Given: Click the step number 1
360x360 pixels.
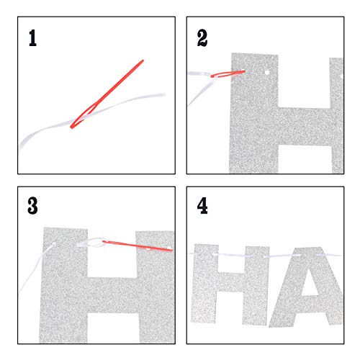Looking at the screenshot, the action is tap(32, 38).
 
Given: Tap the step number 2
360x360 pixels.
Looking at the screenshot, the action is tap(202, 38).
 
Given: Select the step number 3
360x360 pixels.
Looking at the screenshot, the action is tap(32, 206).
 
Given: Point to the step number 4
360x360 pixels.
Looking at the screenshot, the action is tap(202, 206).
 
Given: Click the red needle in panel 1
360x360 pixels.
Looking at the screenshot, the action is tap(107, 94).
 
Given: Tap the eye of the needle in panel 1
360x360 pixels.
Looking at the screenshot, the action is tap(84, 115).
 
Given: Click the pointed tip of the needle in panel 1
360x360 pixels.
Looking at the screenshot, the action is tap(143, 60).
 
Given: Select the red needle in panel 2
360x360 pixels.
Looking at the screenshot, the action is tap(228, 73).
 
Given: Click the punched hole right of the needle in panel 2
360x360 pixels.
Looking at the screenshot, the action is tap(266, 72).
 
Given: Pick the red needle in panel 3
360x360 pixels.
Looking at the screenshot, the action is tap(138, 246).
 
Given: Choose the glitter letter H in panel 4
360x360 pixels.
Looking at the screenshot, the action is tap(230, 285).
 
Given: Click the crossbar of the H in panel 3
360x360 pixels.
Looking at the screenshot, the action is tap(112, 295).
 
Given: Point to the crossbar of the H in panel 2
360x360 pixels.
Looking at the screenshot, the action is tap(305, 126).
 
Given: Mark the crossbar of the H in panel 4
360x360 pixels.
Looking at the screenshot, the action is tap(230, 282).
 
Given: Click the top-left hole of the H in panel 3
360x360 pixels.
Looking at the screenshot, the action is tap(53, 244).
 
